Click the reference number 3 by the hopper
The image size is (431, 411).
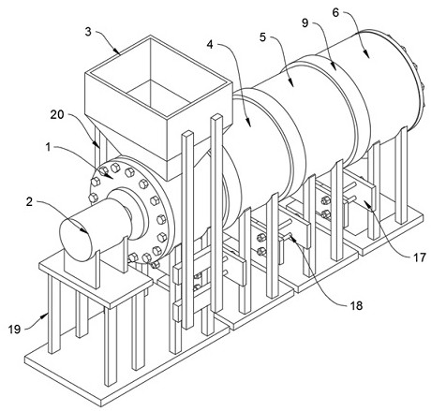click(x=88, y=32)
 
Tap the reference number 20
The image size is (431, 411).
click(x=57, y=115)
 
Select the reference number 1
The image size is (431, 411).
click(x=48, y=147)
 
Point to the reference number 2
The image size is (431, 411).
click(x=29, y=202)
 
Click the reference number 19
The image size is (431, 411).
click(x=14, y=329)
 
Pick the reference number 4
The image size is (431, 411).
click(x=210, y=45)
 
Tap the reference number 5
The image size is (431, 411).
click(x=262, y=37)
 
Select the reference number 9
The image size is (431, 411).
click(x=305, y=22)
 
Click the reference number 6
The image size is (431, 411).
click(x=335, y=12)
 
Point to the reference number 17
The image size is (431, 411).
click(x=420, y=257)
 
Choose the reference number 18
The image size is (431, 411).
click(x=356, y=305)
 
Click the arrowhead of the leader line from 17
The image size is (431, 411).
click(x=366, y=204)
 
